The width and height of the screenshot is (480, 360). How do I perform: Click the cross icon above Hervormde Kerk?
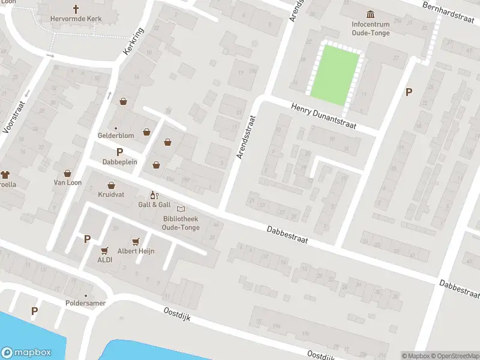coord(76,9)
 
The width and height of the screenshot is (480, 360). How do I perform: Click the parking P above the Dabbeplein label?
coord(119,152)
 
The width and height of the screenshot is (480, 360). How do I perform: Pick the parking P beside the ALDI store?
coord(87,239)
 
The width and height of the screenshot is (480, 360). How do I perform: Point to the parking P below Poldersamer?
coord(34,311)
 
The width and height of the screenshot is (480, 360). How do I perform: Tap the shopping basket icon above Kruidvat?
coord(111,185)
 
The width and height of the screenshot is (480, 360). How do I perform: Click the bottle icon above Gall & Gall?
coord(152,196)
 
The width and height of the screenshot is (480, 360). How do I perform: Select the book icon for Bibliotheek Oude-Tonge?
coord(180,209)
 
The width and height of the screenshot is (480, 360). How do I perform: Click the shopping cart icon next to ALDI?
coord(105,251)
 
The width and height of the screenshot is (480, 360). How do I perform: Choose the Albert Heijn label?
coord(136,251)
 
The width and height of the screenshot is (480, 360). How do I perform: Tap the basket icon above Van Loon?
coord(67,173)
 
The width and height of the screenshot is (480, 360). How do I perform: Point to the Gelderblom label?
coord(116,136)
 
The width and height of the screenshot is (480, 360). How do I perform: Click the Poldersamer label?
coord(86,303)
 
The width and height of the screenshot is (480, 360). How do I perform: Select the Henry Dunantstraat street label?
coord(323,116)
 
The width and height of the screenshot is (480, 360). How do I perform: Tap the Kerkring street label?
coord(133,42)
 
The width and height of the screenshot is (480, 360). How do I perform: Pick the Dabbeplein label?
coord(119,162)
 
